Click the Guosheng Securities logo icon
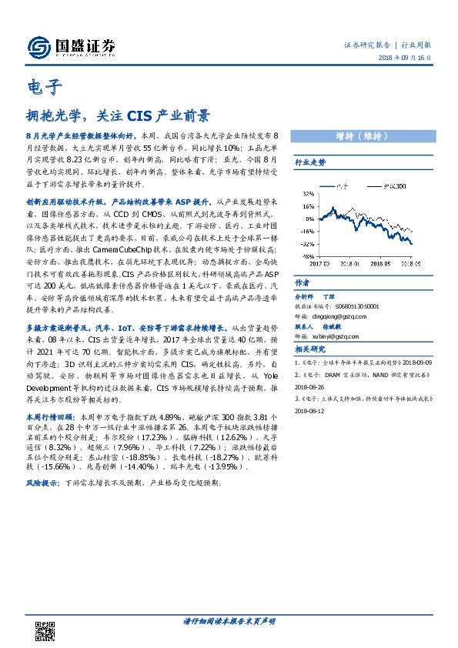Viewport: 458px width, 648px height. tap(39, 47)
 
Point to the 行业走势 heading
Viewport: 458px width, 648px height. tap(311, 163)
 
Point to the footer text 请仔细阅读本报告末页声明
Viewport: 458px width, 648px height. tap(229, 620)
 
